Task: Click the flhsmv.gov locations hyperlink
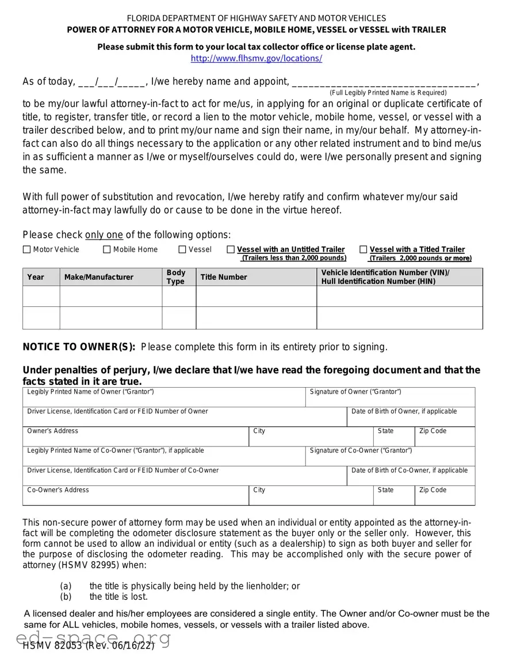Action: pos(256,58)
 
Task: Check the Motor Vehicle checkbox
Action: pos(26,249)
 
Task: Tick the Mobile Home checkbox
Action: pos(107,249)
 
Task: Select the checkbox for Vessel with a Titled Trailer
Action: pos(363,249)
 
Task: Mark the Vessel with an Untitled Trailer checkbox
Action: pos(231,249)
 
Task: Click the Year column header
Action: pos(36,277)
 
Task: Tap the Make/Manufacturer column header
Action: pos(98,277)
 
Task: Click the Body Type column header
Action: pos(176,277)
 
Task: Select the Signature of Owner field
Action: pos(390,399)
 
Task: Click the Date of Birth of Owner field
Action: pos(411,419)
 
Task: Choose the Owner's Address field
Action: pos(136,438)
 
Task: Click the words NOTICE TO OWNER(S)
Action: pos(79,346)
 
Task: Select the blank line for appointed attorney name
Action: pos(384,82)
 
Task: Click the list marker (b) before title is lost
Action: pos(66,596)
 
